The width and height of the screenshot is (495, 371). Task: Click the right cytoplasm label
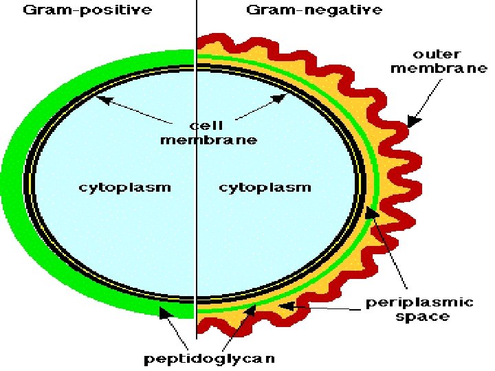pos(265,187)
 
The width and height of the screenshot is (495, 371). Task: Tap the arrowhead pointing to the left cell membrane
pos(102,100)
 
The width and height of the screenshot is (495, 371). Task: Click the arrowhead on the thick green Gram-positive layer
pos(164,313)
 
